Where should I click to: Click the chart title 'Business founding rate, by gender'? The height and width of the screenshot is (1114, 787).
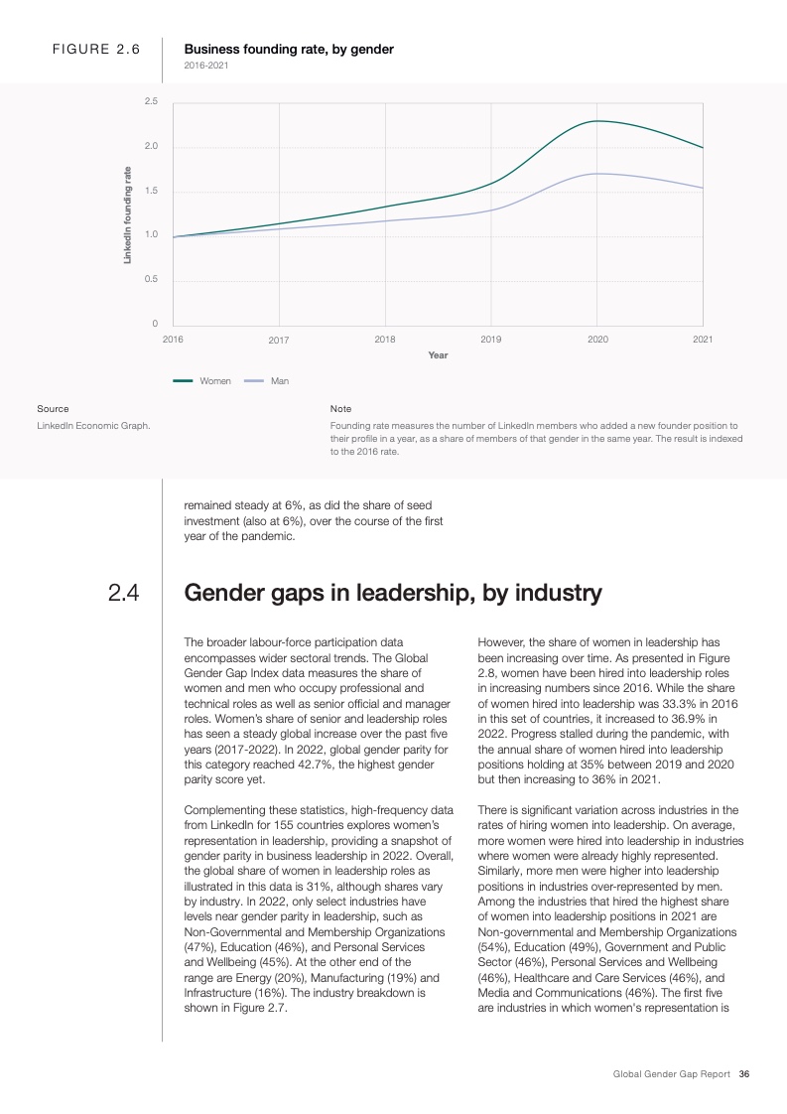pos(289,49)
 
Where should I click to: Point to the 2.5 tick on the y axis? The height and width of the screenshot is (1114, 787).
pos(151,102)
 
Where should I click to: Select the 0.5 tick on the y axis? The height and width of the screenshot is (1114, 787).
pos(151,279)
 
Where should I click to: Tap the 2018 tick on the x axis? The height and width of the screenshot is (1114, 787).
pos(385,340)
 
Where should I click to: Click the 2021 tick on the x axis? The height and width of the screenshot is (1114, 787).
pos(703,340)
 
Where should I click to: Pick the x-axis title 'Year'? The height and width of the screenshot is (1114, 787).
pos(438,354)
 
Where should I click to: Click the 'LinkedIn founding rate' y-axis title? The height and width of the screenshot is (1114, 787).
pos(127,213)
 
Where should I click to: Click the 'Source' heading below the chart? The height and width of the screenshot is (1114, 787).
pos(53,408)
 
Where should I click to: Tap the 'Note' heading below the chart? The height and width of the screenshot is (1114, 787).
pos(340,408)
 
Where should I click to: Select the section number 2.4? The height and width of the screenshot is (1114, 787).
pos(123,594)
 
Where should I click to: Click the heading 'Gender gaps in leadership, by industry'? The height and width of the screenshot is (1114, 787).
pos(393,594)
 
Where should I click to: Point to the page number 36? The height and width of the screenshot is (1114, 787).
pos(743,1074)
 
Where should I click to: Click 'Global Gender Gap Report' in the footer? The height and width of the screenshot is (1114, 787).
pos(672,1074)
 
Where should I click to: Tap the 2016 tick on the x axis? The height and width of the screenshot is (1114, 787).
pos(173,340)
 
